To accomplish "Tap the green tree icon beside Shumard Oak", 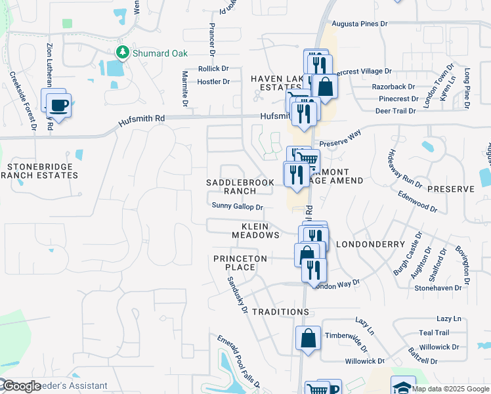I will pos(121,52).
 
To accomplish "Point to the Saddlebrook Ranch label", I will pos(240,186).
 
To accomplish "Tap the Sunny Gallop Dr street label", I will pos(238,206).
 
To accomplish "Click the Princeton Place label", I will pos(240,263).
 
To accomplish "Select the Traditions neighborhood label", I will pos(280,311).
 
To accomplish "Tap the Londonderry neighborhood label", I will pos(371,244).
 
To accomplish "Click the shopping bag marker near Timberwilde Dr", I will pos(308,339).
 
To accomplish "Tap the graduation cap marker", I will pos(402,387).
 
